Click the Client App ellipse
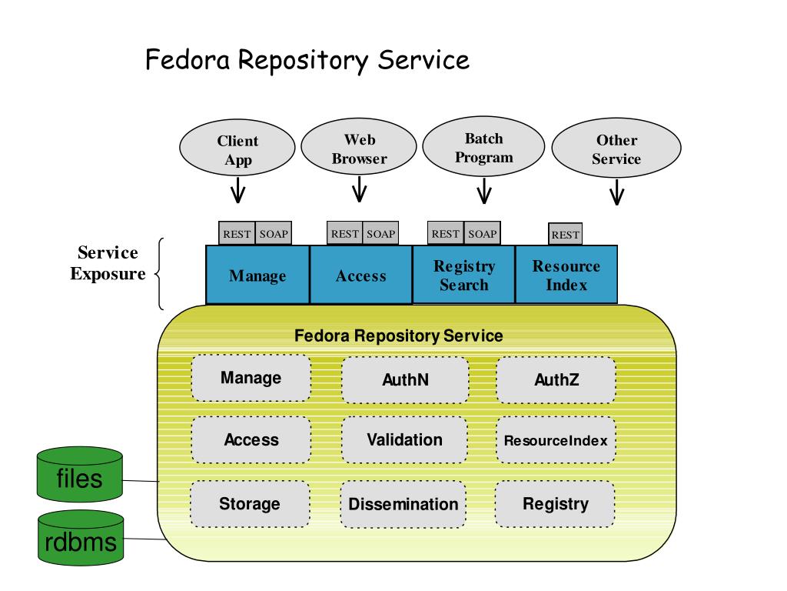237,148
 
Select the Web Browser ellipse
359,147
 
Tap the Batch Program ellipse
484,146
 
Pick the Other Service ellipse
616,148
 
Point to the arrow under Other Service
617,192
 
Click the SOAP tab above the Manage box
274,234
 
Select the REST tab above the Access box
345,234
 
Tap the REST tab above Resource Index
566,234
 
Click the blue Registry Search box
463,275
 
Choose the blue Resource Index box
566,275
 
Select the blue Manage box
257,275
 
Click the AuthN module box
405,380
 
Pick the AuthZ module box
556,380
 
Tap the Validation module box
404,439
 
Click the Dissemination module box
403,504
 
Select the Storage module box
250,503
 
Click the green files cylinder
80,474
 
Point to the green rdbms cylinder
81,538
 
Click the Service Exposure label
108,263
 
